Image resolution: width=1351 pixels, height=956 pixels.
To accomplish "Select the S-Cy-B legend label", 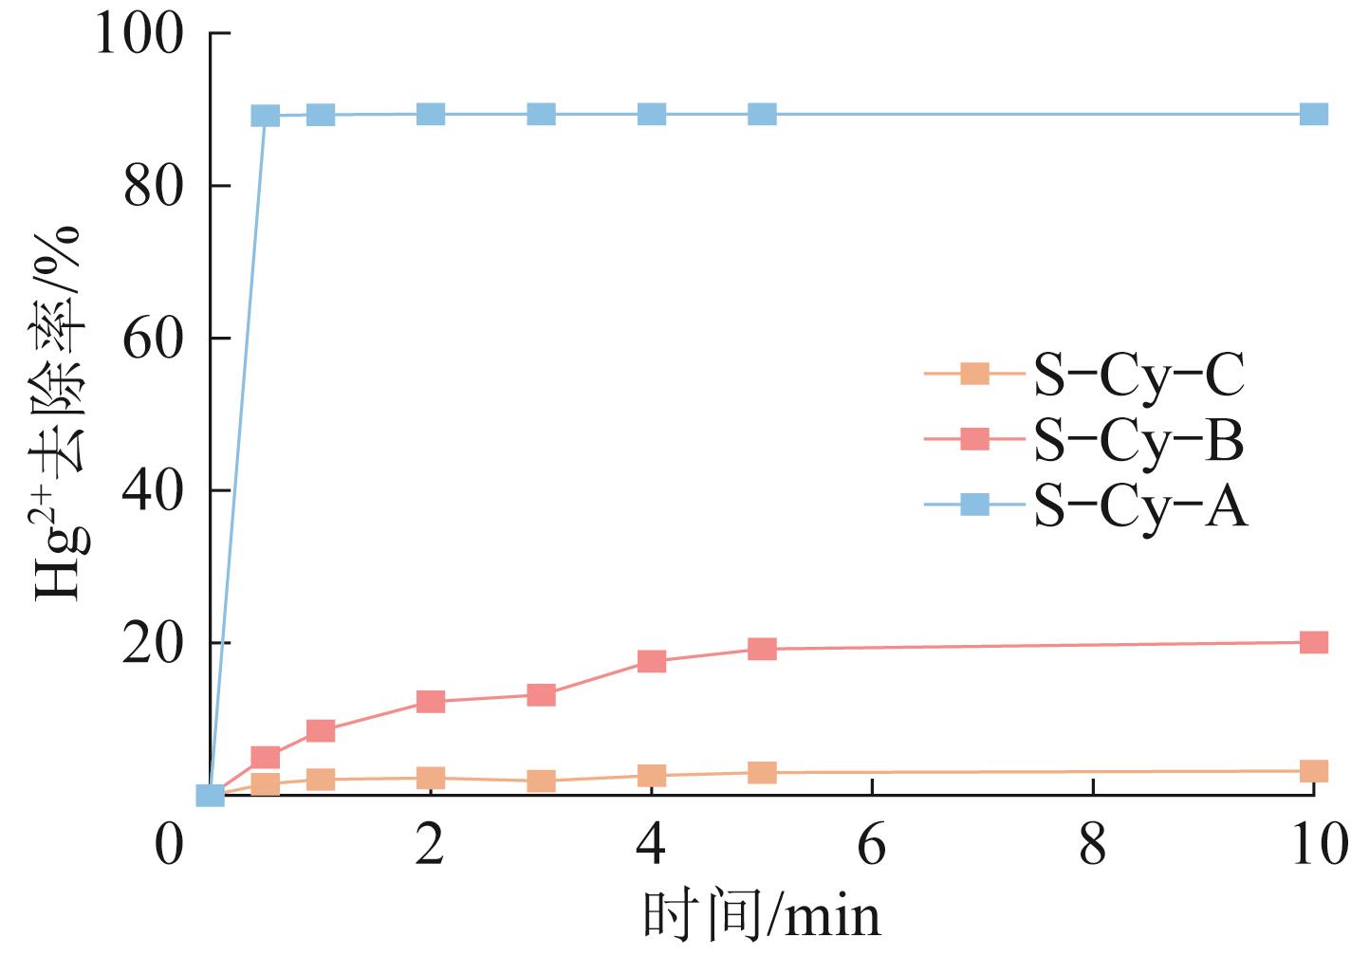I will tap(1138, 440).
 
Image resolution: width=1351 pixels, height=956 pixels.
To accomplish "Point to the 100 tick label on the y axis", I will tap(139, 34).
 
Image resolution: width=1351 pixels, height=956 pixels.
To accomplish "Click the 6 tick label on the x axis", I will tap(872, 844).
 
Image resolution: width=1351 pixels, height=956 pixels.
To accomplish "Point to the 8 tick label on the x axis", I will tap(1093, 844).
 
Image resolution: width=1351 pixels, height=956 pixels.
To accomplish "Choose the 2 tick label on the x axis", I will tap(431, 844).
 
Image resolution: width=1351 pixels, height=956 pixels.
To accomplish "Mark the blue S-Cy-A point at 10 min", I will tap(1313, 115).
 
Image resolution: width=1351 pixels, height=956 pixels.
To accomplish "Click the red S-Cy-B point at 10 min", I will tap(1313, 642).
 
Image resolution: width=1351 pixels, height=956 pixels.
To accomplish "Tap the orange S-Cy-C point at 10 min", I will tap(1313, 770).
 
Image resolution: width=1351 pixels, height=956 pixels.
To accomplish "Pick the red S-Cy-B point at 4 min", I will tap(652, 661).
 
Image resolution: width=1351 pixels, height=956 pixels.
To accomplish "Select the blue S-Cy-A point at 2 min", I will tap(431, 115).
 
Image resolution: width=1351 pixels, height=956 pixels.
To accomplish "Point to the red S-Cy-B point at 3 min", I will tap(541, 695).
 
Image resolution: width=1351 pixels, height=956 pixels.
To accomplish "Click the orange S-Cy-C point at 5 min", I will tap(762, 772).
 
